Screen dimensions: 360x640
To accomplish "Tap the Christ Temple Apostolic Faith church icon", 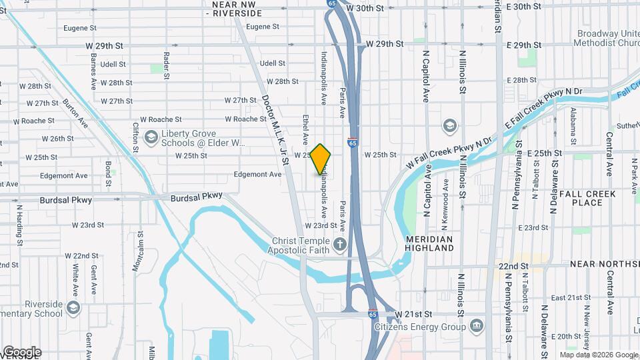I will [340, 243].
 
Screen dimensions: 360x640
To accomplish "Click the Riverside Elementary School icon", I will [73, 308].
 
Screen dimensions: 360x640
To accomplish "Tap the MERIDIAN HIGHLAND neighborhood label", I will [430, 243].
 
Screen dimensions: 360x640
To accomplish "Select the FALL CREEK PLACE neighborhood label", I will [581, 198].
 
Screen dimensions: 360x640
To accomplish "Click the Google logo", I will [21, 352].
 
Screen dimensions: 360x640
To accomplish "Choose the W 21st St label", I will [413, 314].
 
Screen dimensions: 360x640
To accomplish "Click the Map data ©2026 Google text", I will [597, 355].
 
